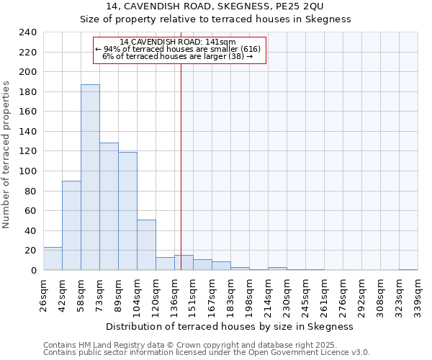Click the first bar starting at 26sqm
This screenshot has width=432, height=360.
click(53, 258)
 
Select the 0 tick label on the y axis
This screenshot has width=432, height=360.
click(33, 271)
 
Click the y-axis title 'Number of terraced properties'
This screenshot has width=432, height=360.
click(7, 154)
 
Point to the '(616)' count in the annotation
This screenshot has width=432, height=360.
click(248, 48)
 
